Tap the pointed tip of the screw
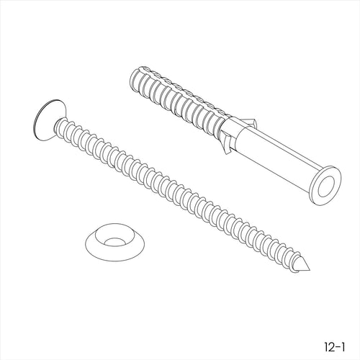point(310,269)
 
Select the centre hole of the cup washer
point(114,242)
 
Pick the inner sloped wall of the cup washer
point(101,236)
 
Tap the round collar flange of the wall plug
point(325,186)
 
